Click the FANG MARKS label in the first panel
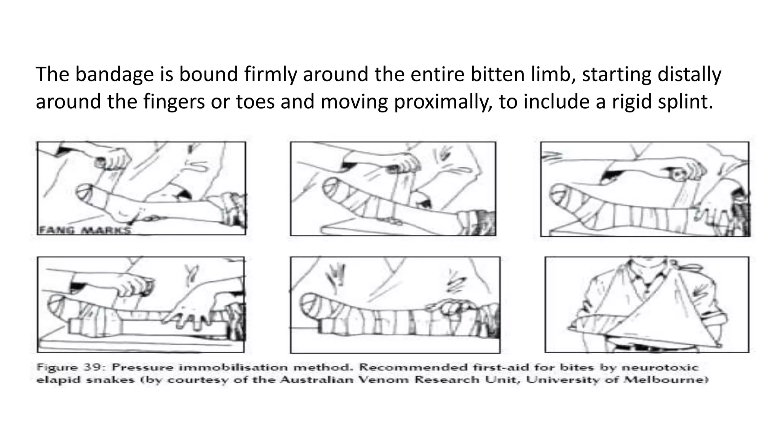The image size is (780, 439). pos(85,230)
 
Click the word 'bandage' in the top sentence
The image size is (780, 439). pos(114,74)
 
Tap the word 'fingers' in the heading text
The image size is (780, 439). pos(174,102)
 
